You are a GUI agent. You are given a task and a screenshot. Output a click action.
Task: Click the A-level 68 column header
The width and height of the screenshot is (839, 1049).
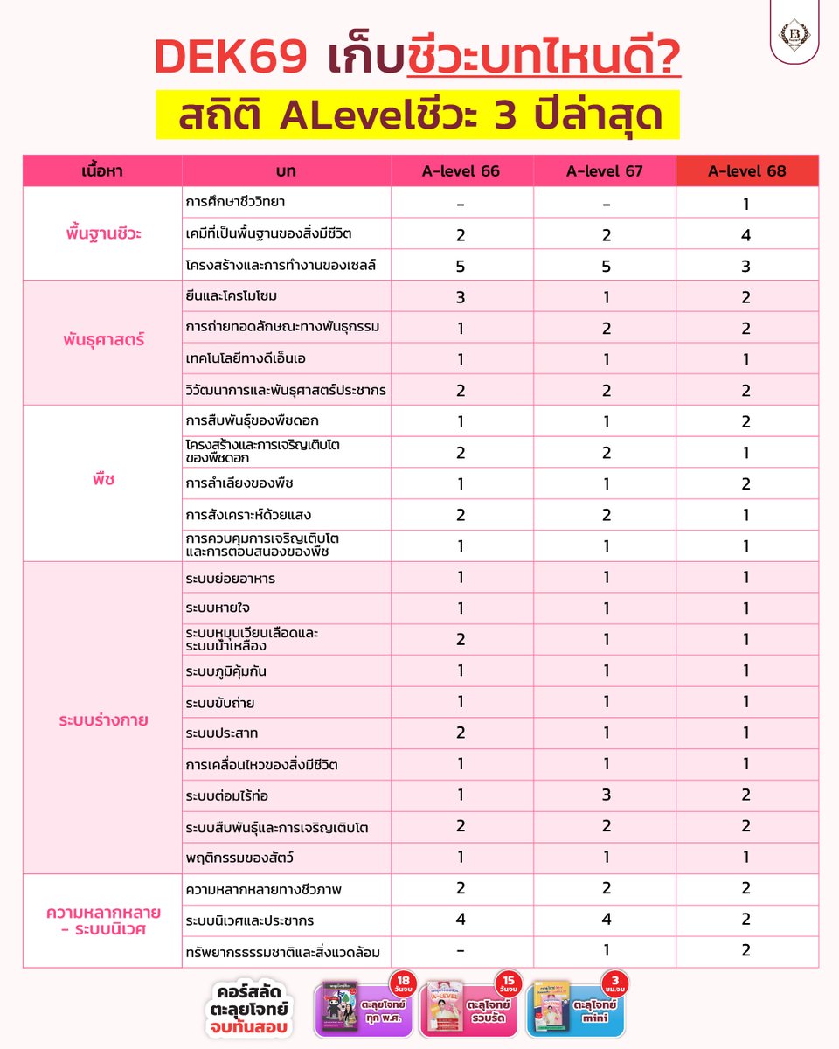747,171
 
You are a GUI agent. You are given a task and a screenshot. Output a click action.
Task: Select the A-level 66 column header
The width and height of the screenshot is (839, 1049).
461,171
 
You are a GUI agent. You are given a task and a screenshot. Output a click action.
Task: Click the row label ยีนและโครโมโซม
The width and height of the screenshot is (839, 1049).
232,297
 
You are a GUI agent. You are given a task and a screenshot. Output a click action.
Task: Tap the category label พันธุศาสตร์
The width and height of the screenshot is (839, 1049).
102,341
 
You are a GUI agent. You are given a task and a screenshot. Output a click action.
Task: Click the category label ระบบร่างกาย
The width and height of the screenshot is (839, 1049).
102,721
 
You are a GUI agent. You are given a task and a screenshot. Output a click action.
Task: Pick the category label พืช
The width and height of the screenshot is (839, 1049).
102,483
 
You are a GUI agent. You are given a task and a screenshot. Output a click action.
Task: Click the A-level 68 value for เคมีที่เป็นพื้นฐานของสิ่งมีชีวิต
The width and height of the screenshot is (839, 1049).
745,235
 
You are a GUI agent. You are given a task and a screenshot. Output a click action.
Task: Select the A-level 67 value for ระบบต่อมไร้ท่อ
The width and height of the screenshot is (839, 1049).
605,795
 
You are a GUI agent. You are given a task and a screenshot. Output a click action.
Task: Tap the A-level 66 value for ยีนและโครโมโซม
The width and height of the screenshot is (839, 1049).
461,297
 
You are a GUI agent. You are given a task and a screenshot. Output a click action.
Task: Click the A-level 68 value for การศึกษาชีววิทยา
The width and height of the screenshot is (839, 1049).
745,204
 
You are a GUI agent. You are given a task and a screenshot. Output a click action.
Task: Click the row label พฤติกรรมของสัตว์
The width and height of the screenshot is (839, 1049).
237,858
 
